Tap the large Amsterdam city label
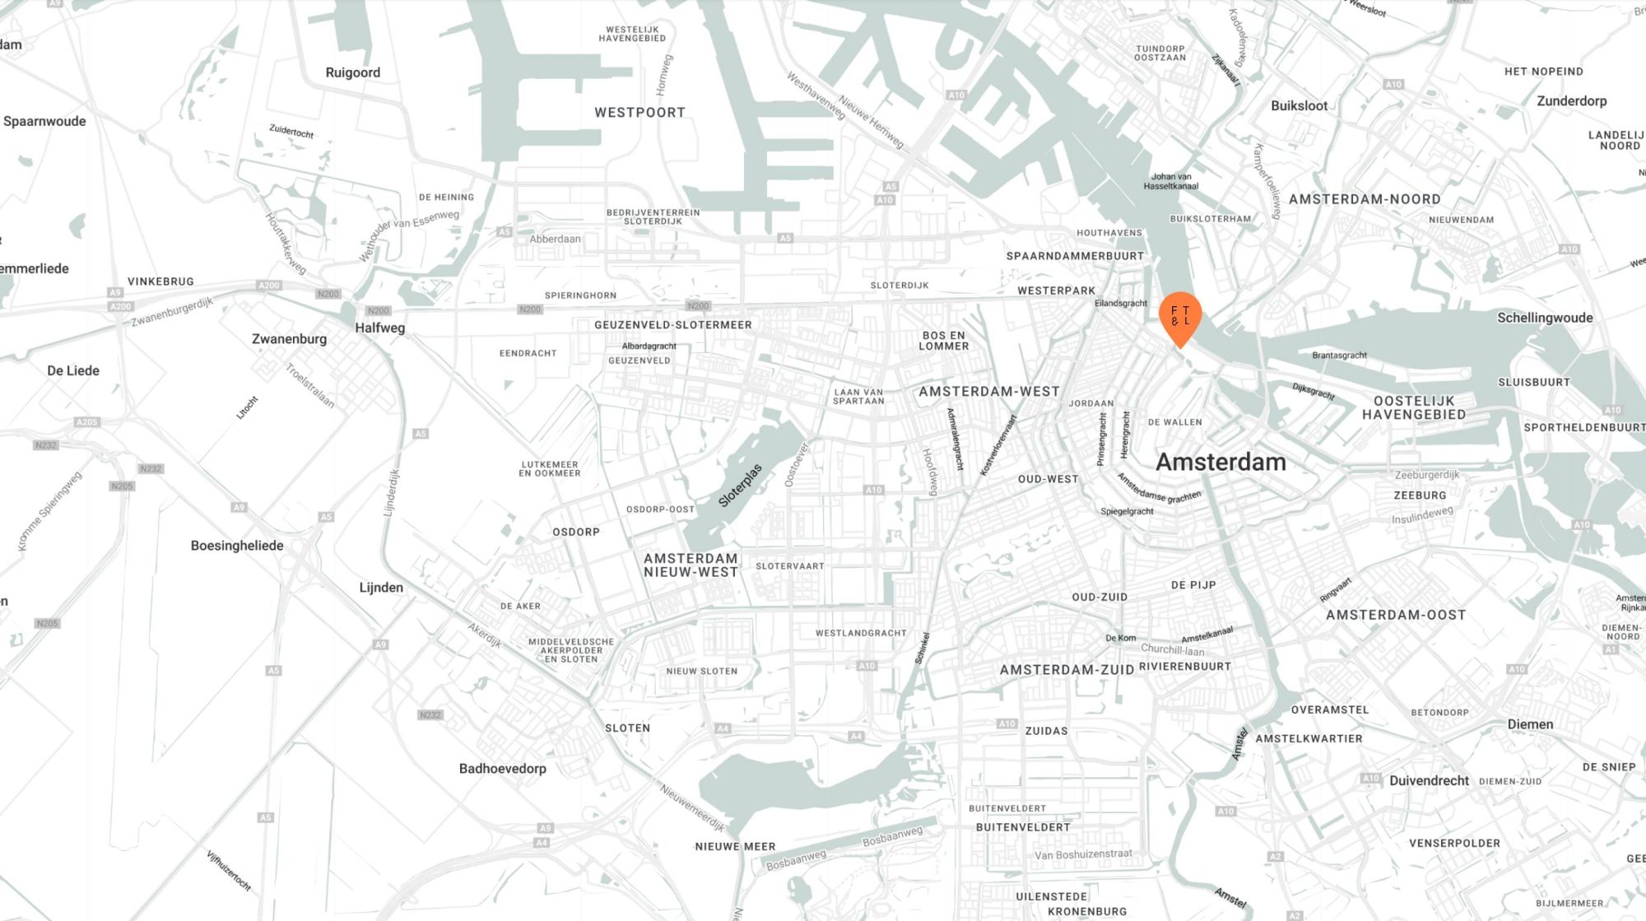point(1221,462)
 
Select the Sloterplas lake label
point(740,486)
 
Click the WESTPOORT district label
point(639,113)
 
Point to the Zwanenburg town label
point(289,339)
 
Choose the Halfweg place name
point(379,328)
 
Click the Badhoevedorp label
point(502,769)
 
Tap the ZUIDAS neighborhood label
point(1046,731)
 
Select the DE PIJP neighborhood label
point(1193,585)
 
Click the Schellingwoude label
point(1545,318)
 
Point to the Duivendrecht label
point(1429,781)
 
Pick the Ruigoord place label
point(352,72)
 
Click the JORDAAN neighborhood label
point(1090,403)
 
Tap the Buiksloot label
point(1299,106)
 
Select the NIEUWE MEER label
point(735,847)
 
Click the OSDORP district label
point(576,533)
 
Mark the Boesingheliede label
point(237,546)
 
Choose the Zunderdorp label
point(1571,101)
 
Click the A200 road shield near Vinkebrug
point(269,286)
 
